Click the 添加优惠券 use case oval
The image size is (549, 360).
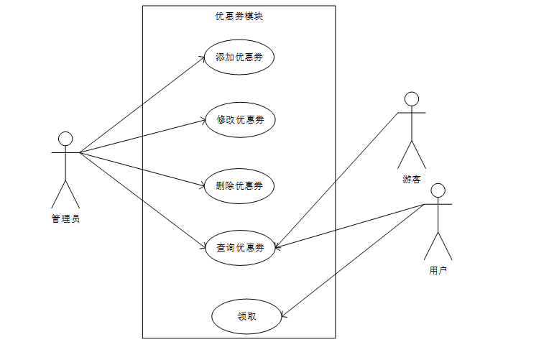click(x=239, y=57)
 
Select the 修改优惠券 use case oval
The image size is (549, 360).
click(x=239, y=119)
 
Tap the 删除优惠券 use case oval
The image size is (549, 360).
click(x=239, y=186)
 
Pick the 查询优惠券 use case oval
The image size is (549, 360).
click(x=239, y=248)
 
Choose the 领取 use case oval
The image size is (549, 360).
click(x=246, y=316)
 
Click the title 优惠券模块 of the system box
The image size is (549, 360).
click(x=239, y=16)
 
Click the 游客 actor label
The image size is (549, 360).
click(x=411, y=180)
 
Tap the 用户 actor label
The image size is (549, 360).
click(x=438, y=271)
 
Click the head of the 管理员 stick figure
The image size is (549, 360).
click(x=65, y=139)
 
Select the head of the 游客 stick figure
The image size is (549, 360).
click(x=411, y=98)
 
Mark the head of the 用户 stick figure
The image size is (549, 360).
click(x=438, y=190)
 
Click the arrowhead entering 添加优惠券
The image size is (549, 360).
click(x=203, y=59)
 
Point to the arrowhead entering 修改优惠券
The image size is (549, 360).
click(x=203, y=121)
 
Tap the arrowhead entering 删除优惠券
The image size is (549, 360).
click(x=203, y=186)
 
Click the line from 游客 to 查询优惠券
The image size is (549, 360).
click(x=338, y=180)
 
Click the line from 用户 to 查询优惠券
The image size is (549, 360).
click(x=352, y=226)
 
